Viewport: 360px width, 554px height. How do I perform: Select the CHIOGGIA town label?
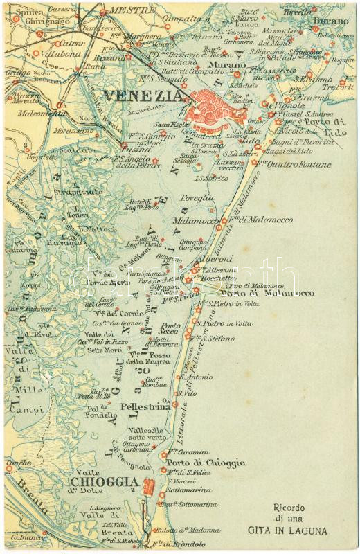click(x=98, y=483)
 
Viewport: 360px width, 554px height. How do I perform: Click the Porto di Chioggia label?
click(x=206, y=463)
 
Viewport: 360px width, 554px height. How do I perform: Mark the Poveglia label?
click(x=193, y=198)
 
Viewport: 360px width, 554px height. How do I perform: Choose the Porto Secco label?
click(x=170, y=329)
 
